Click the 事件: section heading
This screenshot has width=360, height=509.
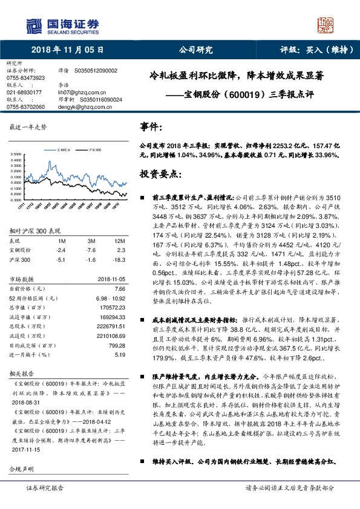(151, 128)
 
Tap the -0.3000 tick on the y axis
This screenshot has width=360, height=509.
(16, 199)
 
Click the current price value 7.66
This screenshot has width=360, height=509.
(119, 289)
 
